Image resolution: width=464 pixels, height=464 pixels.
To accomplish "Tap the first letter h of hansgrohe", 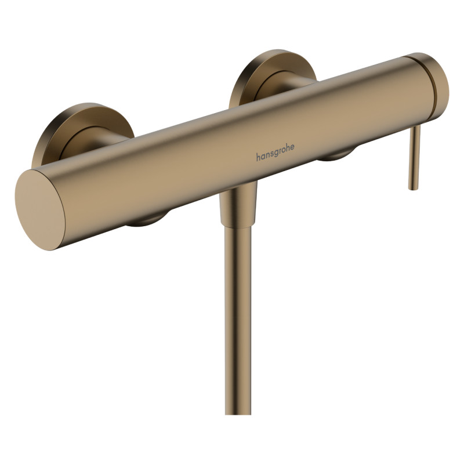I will (x=258, y=158).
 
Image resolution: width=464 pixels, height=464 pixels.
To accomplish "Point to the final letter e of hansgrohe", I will (x=292, y=147).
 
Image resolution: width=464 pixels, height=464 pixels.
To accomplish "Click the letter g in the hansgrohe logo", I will (x=275, y=154).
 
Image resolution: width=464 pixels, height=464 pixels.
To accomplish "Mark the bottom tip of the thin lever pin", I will (x=412, y=187).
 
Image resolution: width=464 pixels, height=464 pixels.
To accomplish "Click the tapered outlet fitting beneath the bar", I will (x=238, y=206).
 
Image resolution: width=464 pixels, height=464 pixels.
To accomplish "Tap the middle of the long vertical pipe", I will (x=238, y=319).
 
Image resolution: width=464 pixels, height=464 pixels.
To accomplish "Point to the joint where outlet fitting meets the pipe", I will (x=237, y=226).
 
